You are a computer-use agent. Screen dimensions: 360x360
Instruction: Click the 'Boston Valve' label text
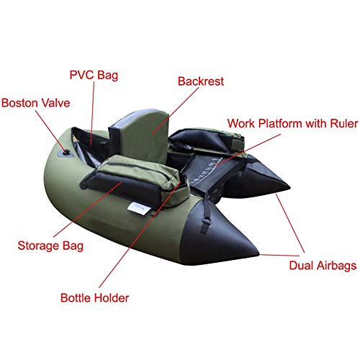click(36, 103)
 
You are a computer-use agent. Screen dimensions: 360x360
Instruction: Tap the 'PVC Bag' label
click(94, 75)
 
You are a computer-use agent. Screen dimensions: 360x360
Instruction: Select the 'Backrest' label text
click(201, 81)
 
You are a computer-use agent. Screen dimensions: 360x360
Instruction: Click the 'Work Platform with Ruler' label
click(292, 124)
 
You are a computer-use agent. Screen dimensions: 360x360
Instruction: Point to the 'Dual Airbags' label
click(323, 266)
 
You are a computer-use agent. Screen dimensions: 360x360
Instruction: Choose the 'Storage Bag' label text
click(50, 246)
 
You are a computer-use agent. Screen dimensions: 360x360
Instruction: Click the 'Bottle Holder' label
click(94, 298)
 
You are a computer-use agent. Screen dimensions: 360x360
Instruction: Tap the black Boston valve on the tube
click(66, 152)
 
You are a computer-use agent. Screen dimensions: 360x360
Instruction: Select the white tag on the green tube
click(139, 208)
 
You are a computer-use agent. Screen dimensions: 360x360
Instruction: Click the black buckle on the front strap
click(206, 221)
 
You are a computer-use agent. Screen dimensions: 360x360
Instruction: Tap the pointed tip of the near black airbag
click(258, 253)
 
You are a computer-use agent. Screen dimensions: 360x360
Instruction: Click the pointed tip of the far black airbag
click(289, 186)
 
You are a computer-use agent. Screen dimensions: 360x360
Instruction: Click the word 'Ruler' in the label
click(344, 124)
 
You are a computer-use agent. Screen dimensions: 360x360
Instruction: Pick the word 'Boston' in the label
click(20, 103)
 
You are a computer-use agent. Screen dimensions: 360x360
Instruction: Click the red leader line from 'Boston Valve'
click(51, 131)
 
